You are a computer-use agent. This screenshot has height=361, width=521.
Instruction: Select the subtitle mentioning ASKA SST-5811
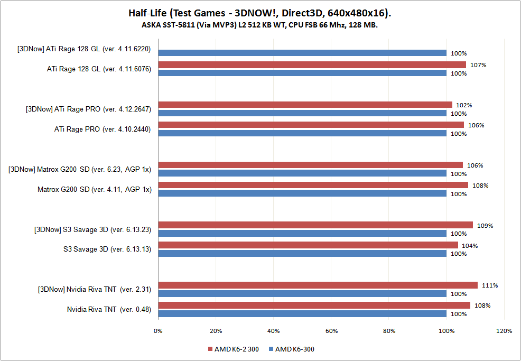click(x=260, y=24)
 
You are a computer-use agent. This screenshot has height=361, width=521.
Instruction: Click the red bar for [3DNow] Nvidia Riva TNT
click(x=318, y=285)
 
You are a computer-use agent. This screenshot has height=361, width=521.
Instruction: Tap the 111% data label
click(x=489, y=285)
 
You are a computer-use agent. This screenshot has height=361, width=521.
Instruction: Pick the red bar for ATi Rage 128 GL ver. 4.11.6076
click(x=312, y=65)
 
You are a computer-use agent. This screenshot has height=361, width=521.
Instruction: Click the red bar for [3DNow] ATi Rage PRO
click(x=305, y=105)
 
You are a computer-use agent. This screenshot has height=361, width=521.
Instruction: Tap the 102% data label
click(x=464, y=105)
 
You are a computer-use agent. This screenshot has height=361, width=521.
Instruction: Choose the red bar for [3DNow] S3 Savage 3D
click(x=315, y=225)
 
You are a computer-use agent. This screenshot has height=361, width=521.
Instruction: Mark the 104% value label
click(x=470, y=246)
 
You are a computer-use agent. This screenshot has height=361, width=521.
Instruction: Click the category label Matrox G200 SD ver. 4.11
click(x=94, y=189)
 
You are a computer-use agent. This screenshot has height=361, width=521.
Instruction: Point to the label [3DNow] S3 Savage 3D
click(x=93, y=229)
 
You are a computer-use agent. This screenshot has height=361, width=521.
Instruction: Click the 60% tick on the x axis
click(x=331, y=331)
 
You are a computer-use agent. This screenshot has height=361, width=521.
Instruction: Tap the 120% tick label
click(x=504, y=331)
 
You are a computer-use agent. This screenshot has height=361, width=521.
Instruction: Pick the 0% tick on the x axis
click(x=158, y=331)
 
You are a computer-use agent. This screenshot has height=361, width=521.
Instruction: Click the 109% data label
click(x=485, y=226)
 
